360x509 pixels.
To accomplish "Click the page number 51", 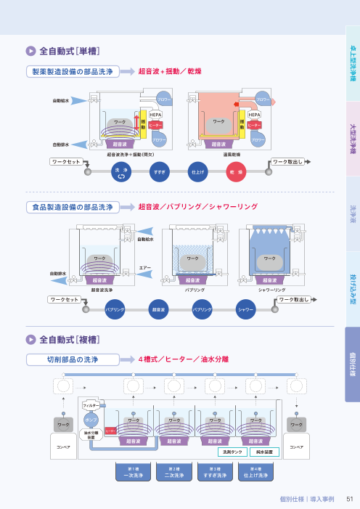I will click(x=349, y=499).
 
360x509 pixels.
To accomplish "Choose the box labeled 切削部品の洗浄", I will click(x=73, y=359).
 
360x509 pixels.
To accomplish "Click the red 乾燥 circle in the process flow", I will click(x=236, y=171).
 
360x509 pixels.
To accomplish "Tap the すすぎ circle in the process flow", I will click(x=159, y=171).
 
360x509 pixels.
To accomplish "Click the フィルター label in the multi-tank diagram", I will click(x=91, y=405).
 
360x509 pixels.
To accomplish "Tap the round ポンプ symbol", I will click(x=91, y=420).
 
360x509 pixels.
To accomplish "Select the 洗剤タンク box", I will click(x=233, y=452).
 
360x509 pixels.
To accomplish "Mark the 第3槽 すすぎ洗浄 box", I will click(x=215, y=472).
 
